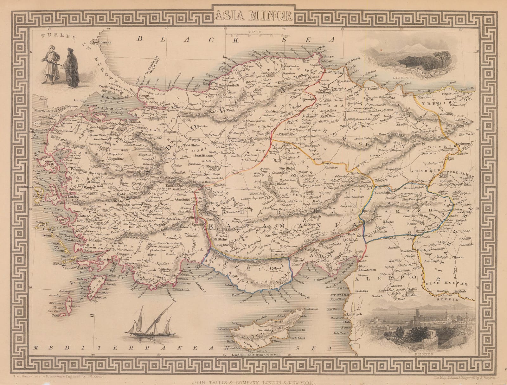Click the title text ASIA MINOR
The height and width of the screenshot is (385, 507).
point(253,14)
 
